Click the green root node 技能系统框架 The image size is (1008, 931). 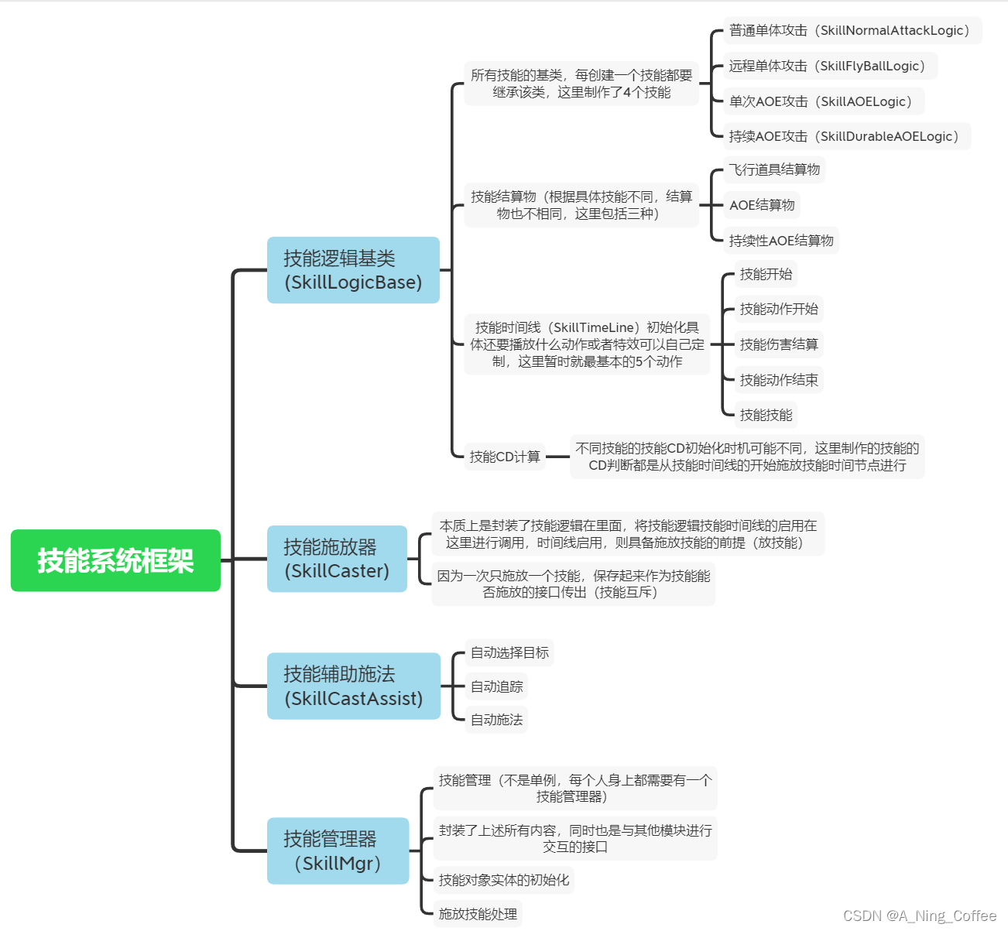point(115,560)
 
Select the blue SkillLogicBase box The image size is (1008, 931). point(353,270)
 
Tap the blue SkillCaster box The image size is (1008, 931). point(337,559)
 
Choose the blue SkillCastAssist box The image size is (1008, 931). point(353,686)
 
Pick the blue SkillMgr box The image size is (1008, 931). point(338,851)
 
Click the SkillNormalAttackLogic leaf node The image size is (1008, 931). point(852,30)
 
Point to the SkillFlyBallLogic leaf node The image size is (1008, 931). point(829,66)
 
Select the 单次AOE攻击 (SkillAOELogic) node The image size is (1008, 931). point(823,101)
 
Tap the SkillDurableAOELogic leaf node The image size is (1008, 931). point(846,136)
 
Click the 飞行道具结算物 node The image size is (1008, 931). point(774,169)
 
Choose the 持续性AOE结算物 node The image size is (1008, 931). point(781,241)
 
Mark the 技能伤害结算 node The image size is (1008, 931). point(779,344)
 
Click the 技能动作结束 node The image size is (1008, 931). point(779,380)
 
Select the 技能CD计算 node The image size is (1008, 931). point(505,457)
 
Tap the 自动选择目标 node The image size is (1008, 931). point(509,652)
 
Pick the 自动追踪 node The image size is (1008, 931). point(497,686)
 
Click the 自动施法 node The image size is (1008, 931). point(497,720)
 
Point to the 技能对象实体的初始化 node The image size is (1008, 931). point(504,880)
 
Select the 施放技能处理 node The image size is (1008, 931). point(478,914)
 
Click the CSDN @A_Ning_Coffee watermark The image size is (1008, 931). point(920,916)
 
